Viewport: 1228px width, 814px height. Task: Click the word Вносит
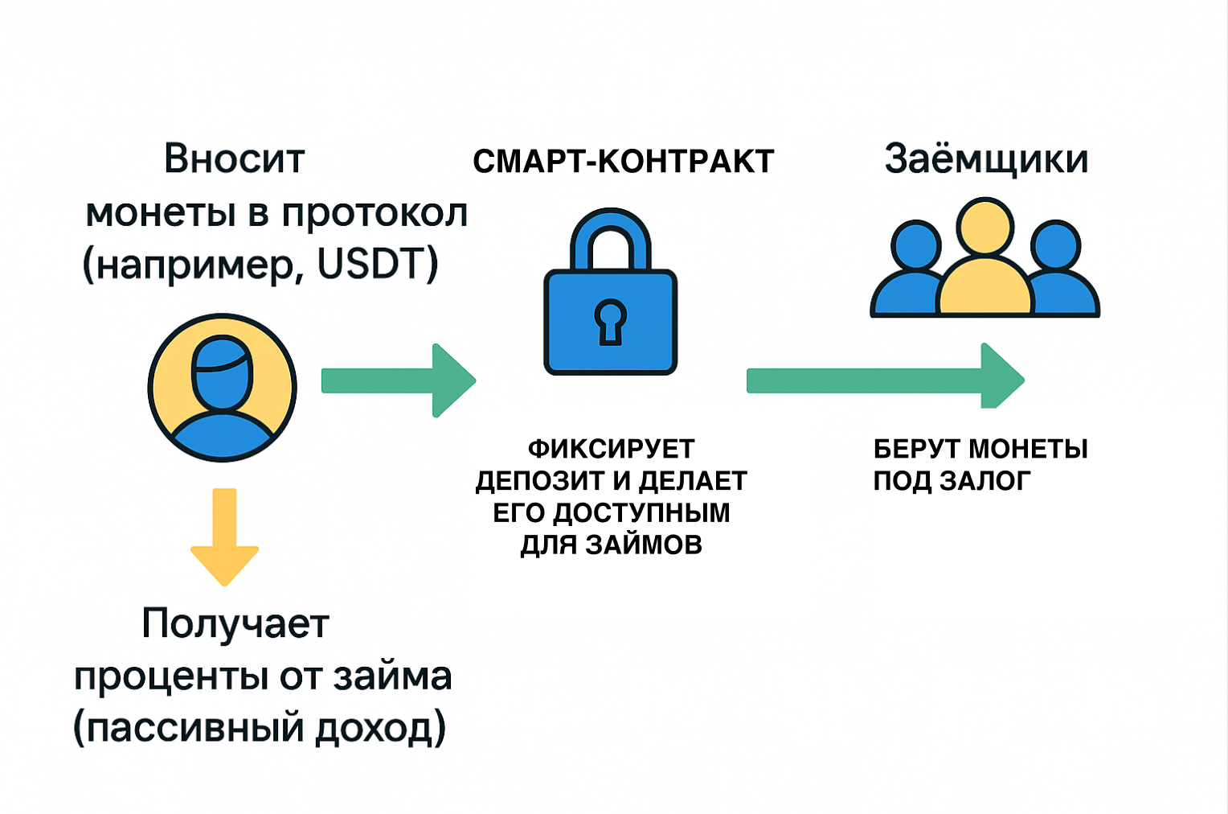(234, 158)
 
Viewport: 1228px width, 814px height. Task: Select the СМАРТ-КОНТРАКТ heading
(623, 162)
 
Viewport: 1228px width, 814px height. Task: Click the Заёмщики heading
(986, 159)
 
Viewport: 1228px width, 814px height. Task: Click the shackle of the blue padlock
(610, 237)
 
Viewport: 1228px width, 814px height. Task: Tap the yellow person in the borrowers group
(984, 265)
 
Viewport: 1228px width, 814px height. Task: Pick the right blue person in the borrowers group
(1059, 273)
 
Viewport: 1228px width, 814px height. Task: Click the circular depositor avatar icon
(222, 388)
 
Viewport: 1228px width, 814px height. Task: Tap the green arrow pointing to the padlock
(398, 380)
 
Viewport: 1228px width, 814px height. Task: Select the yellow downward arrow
(224, 535)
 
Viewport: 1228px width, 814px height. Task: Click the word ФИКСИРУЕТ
(611, 449)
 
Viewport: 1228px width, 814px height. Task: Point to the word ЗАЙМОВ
(643, 545)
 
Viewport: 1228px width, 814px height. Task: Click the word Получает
(235, 624)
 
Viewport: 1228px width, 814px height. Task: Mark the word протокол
(375, 213)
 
